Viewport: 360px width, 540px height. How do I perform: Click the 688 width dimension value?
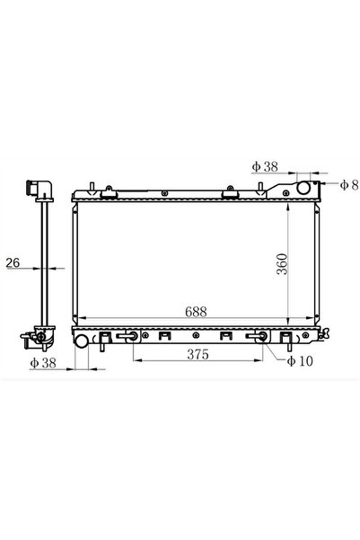pyautogui.click(x=196, y=312)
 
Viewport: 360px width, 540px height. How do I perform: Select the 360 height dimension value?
pyautogui.click(x=282, y=264)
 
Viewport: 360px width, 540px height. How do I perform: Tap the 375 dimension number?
pyautogui.click(x=198, y=354)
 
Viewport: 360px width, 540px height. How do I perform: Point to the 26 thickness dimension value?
pyautogui.click(x=13, y=262)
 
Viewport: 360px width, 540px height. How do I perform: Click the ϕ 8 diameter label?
pyautogui.click(x=349, y=185)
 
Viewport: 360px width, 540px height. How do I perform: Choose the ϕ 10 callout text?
pyautogui.click(x=300, y=361)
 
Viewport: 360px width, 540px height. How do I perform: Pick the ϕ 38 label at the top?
pyautogui.click(x=265, y=167)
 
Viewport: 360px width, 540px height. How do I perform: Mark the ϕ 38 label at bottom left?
pyautogui.click(x=43, y=363)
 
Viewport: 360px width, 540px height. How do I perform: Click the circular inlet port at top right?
pyautogui.click(x=303, y=188)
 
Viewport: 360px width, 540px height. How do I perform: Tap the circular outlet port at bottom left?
pyautogui.click(x=82, y=341)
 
